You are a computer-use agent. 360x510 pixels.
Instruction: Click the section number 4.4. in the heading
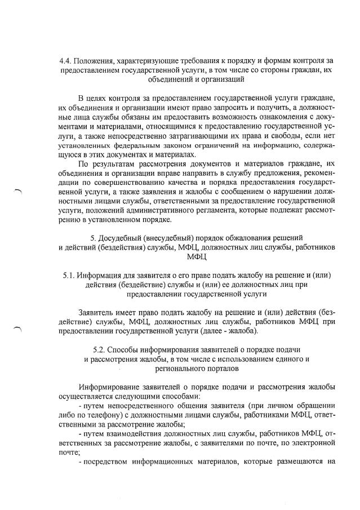pyautogui.click(x=66, y=60)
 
